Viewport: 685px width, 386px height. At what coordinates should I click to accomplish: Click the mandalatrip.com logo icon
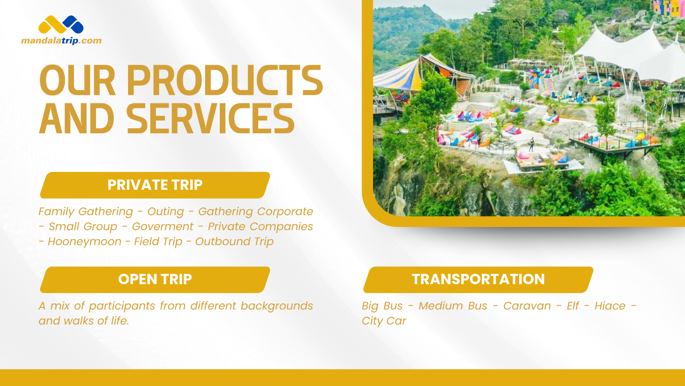(61, 25)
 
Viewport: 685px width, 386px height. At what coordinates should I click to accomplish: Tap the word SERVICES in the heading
(210, 119)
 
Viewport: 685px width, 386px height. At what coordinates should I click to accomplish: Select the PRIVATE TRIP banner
(155, 185)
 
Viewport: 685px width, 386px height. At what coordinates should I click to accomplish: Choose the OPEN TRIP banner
(155, 279)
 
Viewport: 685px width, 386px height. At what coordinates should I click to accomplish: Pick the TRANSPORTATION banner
(478, 279)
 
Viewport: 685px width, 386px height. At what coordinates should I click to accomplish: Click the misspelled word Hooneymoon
(85, 242)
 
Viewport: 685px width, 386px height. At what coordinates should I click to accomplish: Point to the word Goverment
(163, 227)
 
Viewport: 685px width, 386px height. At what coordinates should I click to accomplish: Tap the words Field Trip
(158, 242)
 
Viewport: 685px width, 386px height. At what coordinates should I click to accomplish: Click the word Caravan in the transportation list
(527, 306)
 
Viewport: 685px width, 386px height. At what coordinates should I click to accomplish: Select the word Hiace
(610, 306)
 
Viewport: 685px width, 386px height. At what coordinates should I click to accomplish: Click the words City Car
(384, 321)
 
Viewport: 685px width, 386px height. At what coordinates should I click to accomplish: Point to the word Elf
(573, 306)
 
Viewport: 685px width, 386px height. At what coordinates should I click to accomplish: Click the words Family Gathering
(86, 212)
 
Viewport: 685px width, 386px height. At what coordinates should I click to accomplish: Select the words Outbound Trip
(234, 242)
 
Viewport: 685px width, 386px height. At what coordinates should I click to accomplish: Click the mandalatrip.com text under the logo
(61, 41)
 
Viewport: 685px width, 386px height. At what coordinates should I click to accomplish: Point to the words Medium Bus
(453, 306)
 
